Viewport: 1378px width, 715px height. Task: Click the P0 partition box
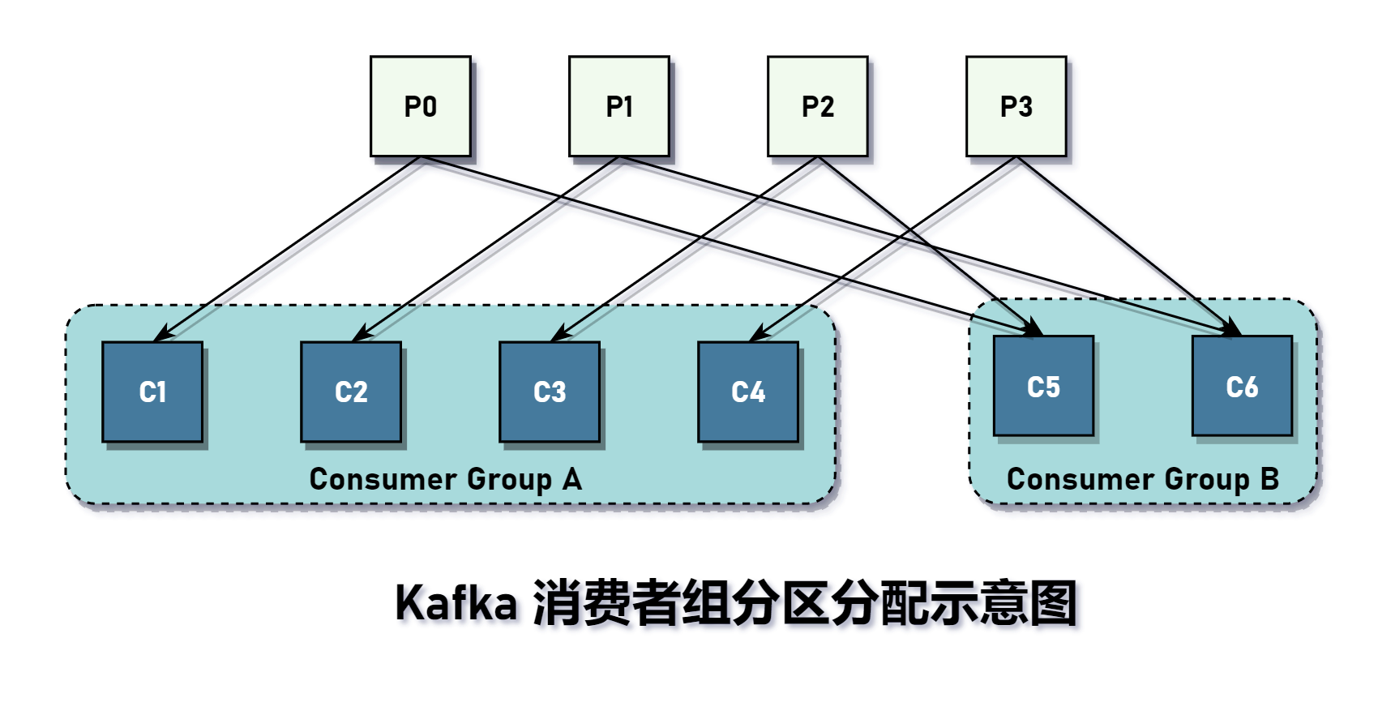420,106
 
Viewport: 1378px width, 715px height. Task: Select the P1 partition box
618,106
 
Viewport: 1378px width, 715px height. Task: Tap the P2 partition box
817,106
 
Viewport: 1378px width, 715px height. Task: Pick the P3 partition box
1016,106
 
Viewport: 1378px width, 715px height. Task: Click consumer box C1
152,392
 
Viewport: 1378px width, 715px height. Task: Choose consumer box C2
351,392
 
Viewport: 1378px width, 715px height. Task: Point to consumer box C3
550,392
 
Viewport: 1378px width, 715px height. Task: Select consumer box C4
748,392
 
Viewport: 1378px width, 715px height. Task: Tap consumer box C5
1043,386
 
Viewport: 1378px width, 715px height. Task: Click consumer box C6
1242,386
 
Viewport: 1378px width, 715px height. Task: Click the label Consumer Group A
445,479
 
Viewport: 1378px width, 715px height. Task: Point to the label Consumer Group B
1142,479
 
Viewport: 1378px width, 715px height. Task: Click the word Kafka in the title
456,603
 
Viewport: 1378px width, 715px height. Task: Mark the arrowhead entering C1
162,334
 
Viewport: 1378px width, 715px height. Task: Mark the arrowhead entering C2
361,334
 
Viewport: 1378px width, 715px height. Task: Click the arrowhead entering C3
559,334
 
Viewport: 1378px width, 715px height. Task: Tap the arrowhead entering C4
758,334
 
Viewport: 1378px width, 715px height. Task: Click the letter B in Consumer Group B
1269,479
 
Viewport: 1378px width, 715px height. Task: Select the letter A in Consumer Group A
572,479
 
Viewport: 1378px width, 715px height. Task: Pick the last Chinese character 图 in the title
1053,603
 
